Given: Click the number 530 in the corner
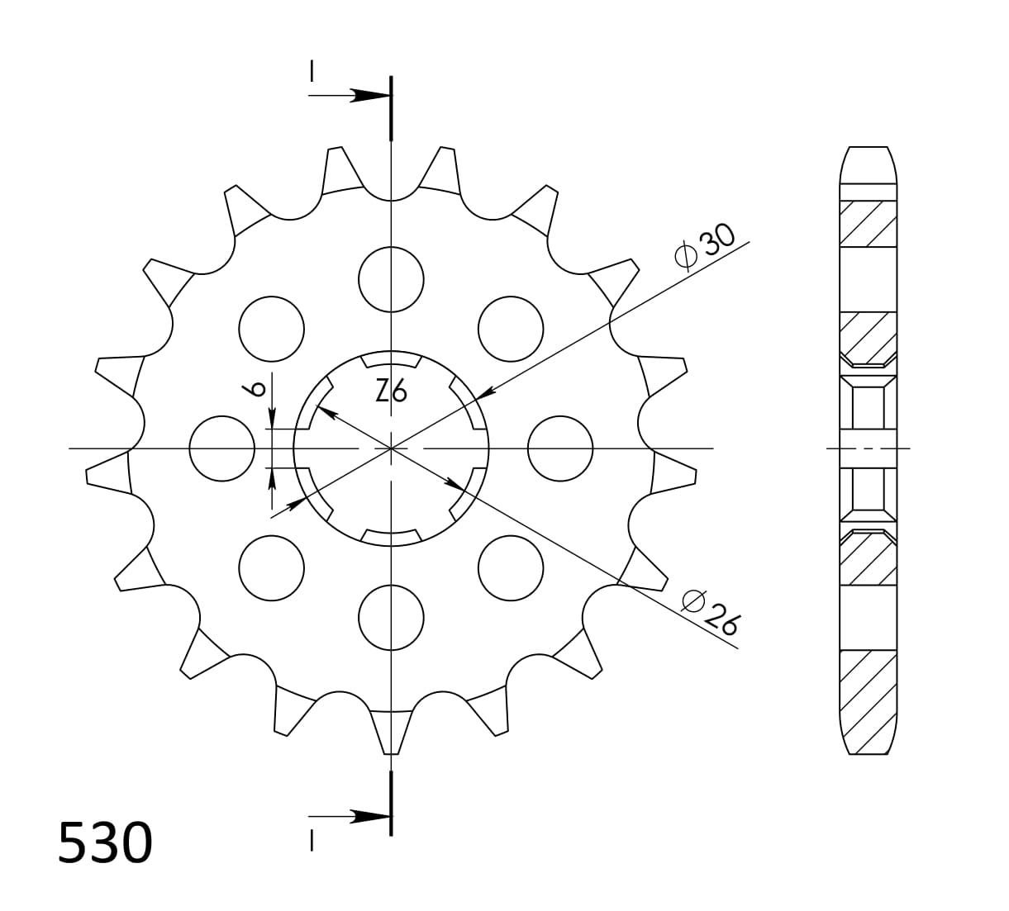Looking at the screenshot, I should (105, 842).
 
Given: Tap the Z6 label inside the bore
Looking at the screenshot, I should (391, 391).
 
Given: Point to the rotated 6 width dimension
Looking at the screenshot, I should (257, 387).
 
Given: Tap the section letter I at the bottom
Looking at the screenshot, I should (312, 840).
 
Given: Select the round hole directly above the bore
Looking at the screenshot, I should (391, 279).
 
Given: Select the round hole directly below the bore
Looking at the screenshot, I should (391, 618).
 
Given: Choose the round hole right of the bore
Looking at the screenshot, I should (559, 448).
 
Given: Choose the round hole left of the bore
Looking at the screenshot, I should (221, 448).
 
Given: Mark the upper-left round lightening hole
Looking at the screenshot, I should (271, 328).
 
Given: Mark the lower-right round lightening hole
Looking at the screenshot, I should (511, 567).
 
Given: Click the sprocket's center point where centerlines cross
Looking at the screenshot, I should (391, 448).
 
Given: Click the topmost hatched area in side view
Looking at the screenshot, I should (868, 222).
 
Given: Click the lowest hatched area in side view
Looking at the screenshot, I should (868, 702).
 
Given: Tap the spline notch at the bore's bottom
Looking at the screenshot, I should (391, 538).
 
